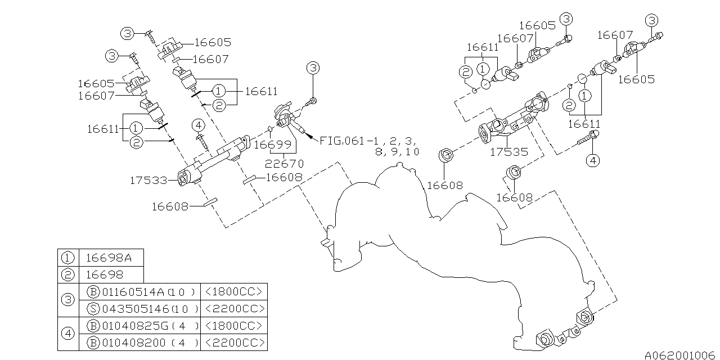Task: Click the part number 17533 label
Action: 148,181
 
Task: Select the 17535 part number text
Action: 508,152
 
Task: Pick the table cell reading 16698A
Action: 109,258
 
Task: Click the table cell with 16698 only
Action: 104,274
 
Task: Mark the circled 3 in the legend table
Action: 68,300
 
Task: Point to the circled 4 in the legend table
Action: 68,334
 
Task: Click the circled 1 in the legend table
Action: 68,258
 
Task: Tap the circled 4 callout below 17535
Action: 592,161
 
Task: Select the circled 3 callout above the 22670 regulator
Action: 313,68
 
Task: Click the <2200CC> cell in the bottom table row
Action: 233,343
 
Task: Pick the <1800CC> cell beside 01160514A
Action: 233,292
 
